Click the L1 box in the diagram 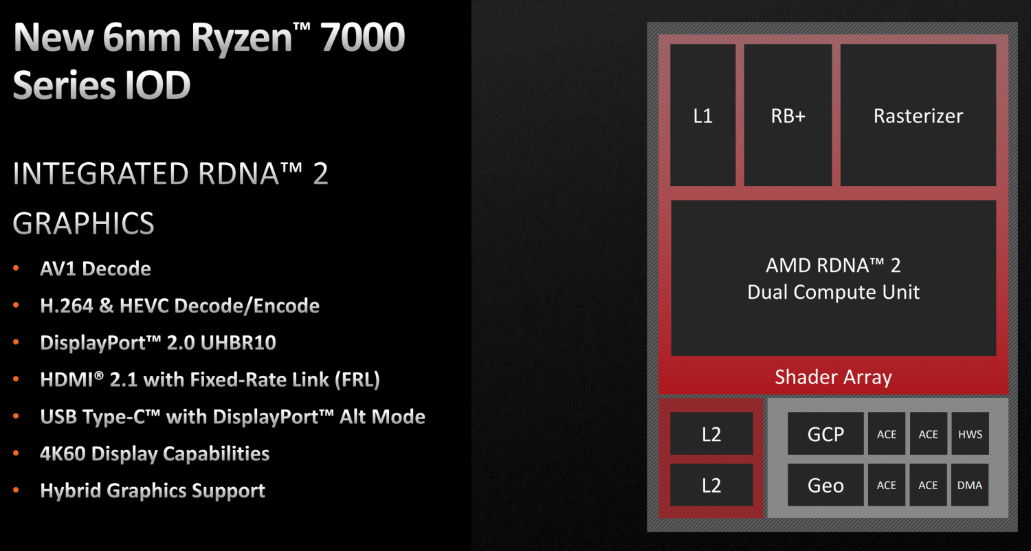coord(703,115)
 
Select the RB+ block coord(788,115)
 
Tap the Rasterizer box coord(918,115)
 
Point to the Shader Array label coord(833,377)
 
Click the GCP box coord(825,434)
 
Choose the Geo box coord(825,485)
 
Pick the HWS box coord(971,434)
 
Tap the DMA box coord(970,485)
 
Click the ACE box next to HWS coord(929,434)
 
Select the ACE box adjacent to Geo coord(887,485)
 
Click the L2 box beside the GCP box coord(711,434)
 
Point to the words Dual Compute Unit coord(833,293)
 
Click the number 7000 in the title coord(362,38)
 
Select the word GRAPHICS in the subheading coord(83,223)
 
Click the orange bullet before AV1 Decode coord(16,268)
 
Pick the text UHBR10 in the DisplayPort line coord(239,343)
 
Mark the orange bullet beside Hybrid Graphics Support coord(16,490)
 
